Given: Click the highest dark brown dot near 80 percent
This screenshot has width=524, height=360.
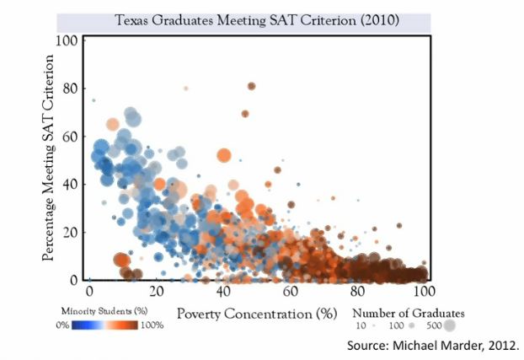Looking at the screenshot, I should tap(251, 86).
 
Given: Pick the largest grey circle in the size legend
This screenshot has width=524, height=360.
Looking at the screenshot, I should tap(450, 325).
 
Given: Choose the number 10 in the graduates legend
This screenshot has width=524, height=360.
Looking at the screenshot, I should tap(360, 325).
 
